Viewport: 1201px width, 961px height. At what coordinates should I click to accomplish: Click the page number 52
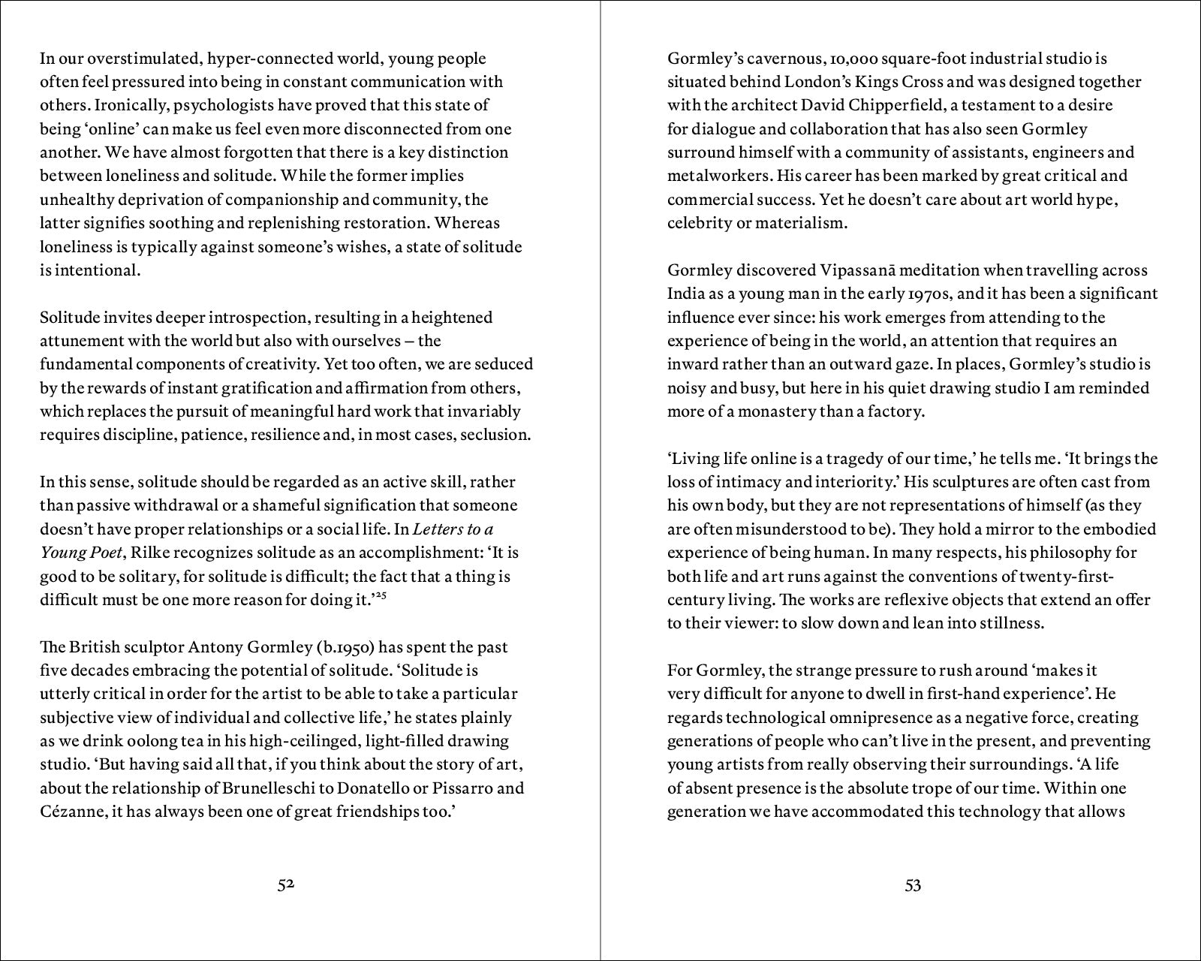[285, 885]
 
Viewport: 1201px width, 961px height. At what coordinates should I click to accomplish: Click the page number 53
[913, 886]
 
